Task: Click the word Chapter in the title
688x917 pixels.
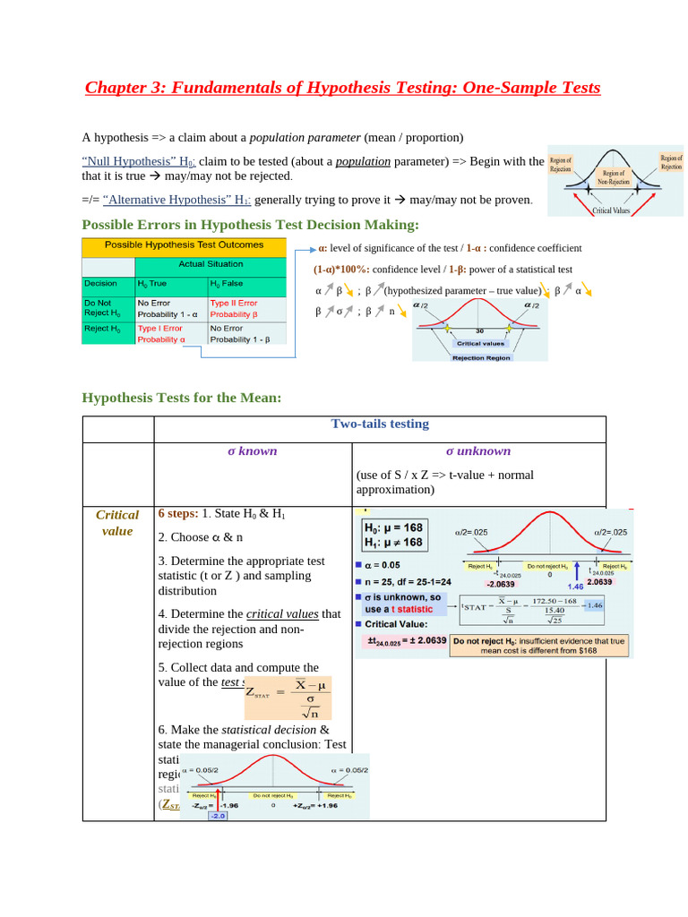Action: tap(116, 88)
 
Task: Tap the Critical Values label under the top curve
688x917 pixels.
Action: tap(612, 210)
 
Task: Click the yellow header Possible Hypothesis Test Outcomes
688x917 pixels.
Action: tap(184, 244)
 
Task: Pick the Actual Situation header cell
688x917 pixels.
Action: tap(211, 264)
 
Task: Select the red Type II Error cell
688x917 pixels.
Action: tap(234, 309)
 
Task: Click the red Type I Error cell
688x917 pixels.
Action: tap(160, 334)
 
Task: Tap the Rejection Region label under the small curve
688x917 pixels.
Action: tap(481, 357)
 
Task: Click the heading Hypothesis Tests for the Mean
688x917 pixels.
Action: tap(182, 398)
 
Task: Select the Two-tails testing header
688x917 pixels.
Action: tap(380, 424)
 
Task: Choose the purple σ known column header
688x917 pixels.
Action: tap(253, 450)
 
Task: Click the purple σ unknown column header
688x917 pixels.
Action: tap(478, 450)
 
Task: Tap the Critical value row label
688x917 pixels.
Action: tap(117, 522)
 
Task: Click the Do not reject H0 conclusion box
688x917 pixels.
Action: tap(538, 646)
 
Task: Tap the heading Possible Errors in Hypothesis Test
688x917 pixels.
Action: tap(250, 224)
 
